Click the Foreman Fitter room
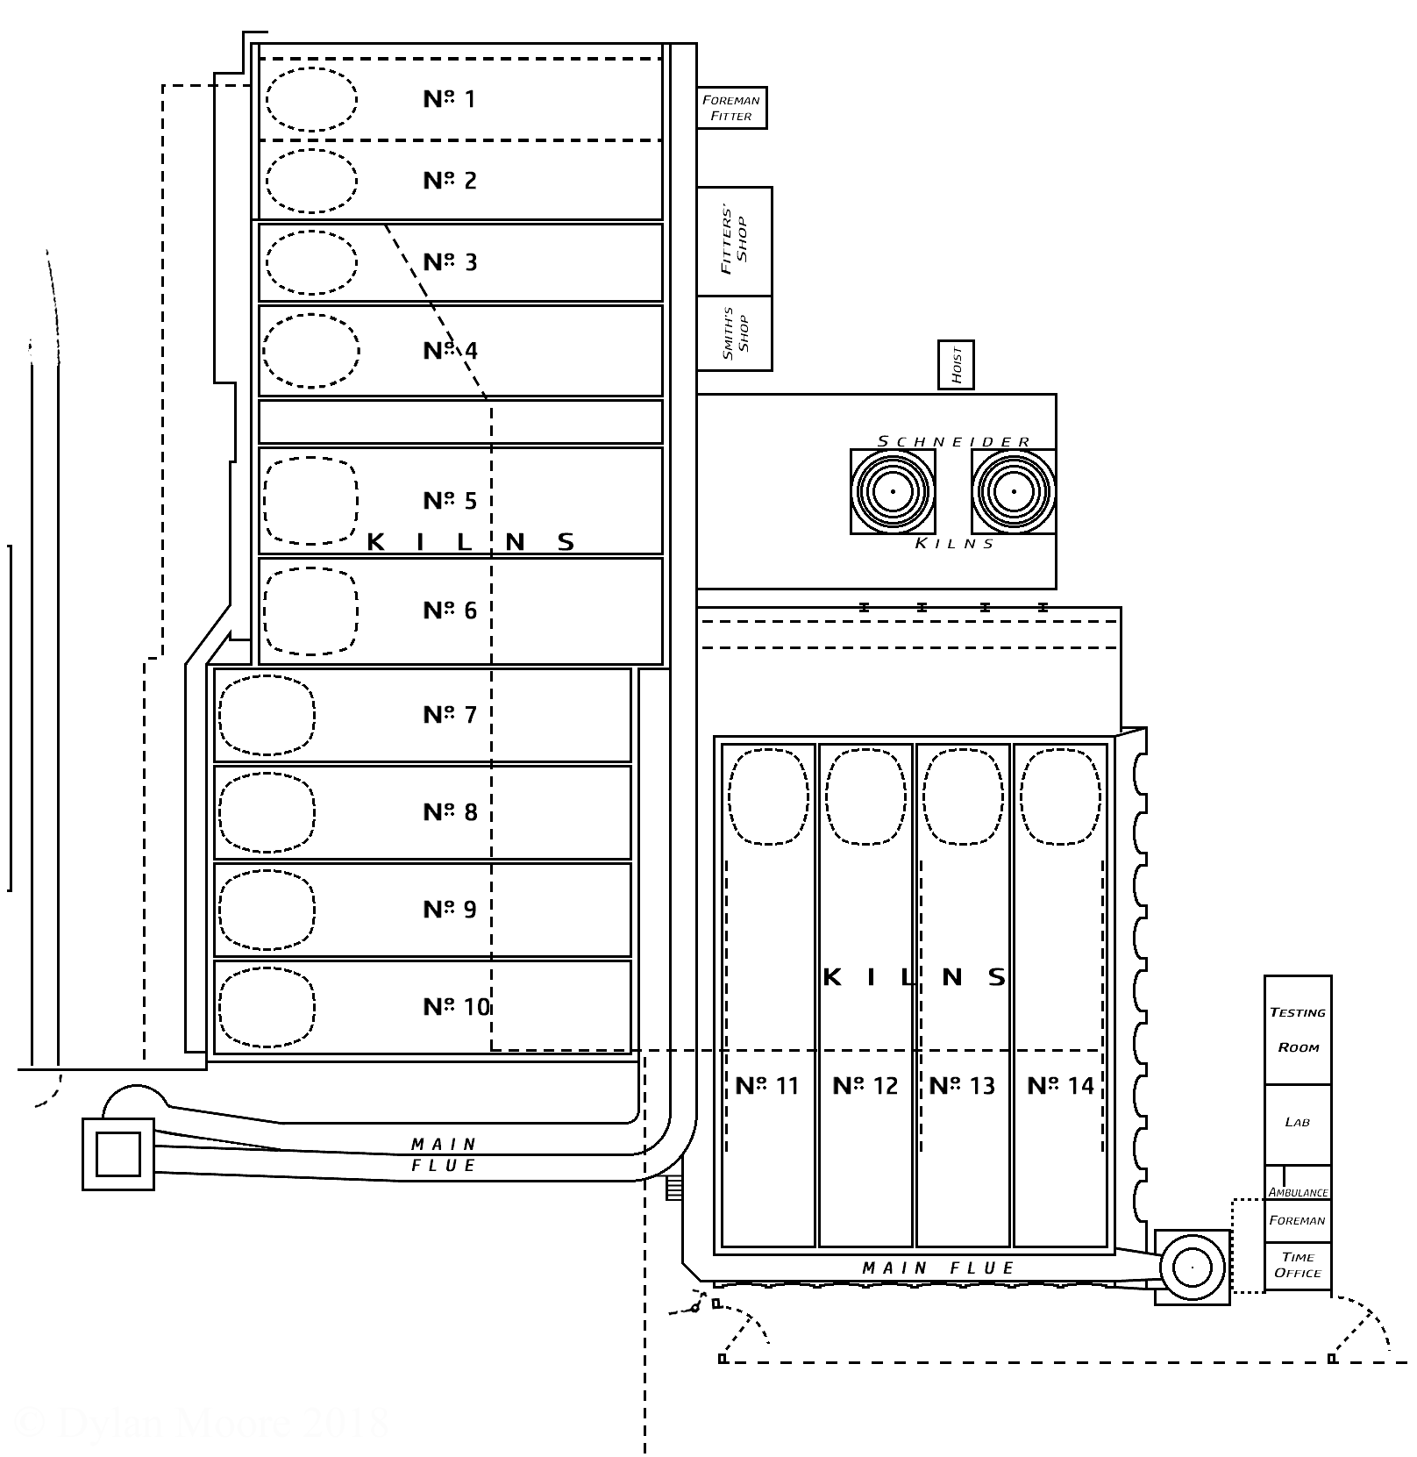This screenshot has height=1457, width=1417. (x=731, y=108)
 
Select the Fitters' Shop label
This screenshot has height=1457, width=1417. (x=735, y=240)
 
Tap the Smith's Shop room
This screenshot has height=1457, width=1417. (x=735, y=333)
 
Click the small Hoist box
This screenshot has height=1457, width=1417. (x=956, y=365)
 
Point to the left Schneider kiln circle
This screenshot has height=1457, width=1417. (x=892, y=491)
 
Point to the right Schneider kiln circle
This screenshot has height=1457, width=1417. (x=1013, y=491)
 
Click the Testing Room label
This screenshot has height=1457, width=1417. (x=1298, y=1029)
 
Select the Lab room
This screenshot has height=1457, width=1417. (x=1297, y=1123)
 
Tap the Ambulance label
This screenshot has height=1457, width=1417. (x=1298, y=1192)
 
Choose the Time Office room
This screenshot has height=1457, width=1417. (x=1298, y=1265)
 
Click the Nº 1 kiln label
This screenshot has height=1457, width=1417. (x=449, y=99)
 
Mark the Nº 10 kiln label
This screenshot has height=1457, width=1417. (x=456, y=1007)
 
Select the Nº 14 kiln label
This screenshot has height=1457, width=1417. (x=1060, y=1086)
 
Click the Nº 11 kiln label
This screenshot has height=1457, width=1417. (x=767, y=1086)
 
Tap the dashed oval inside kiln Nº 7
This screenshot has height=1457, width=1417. (x=267, y=715)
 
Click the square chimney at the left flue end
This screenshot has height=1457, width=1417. (x=118, y=1153)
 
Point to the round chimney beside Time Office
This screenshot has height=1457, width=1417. (x=1192, y=1267)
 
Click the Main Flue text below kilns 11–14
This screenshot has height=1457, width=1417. (x=937, y=1268)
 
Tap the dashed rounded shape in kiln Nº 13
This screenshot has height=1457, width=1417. (x=963, y=796)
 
